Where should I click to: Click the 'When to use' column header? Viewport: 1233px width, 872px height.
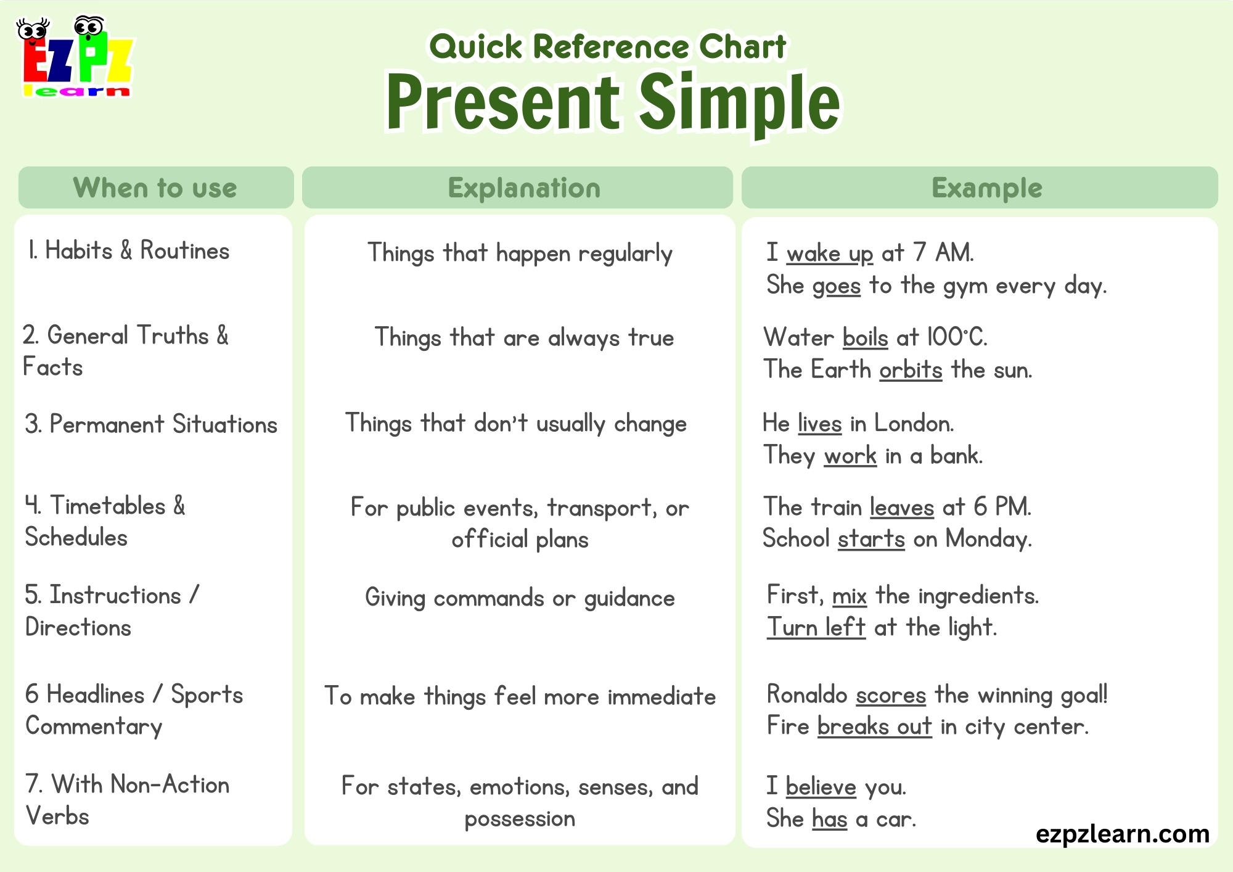click(x=155, y=187)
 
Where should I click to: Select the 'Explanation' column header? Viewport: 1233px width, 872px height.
click(x=524, y=187)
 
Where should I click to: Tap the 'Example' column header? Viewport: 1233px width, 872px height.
click(x=986, y=187)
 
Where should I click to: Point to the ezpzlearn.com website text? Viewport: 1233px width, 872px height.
click(x=1122, y=834)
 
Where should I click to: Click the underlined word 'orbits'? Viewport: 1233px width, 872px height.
click(x=911, y=370)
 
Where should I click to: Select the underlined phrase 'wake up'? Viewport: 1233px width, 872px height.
click(x=830, y=253)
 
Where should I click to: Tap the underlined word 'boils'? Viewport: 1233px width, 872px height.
click(x=865, y=338)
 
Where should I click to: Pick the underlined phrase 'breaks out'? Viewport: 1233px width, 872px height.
click(x=874, y=726)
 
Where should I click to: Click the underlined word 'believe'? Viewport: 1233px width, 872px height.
click(x=821, y=787)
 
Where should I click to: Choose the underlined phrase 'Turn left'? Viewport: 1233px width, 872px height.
click(x=816, y=628)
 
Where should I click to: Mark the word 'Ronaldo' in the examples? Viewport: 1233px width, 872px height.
click(x=807, y=695)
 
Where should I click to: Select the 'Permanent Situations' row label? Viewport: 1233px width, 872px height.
click(x=152, y=424)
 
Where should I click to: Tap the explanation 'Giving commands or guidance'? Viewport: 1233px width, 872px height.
click(x=520, y=598)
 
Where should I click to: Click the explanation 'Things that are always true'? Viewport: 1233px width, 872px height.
click(x=524, y=338)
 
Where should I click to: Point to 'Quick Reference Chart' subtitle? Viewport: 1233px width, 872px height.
click(x=607, y=47)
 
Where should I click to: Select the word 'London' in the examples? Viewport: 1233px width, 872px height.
click(x=914, y=424)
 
